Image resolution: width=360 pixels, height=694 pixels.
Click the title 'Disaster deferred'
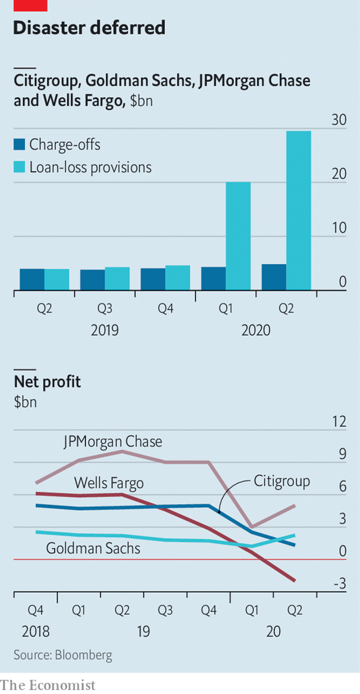click(89, 28)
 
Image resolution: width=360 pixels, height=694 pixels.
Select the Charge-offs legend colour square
click(19, 145)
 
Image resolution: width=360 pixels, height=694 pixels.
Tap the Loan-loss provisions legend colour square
click(19, 166)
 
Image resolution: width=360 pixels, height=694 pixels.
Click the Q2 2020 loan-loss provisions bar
click(298, 211)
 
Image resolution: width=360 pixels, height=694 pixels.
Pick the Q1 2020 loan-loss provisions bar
click(238, 236)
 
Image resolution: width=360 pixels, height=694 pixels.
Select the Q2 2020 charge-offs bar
click(274, 277)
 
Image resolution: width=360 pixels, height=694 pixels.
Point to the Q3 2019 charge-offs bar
click(92, 280)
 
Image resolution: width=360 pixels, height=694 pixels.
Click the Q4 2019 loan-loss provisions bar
click(178, 278)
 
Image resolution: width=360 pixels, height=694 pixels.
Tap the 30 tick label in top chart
click(339, 120)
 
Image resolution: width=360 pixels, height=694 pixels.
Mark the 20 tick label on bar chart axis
click(339, 174)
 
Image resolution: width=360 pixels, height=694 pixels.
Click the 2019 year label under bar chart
click(105, 330)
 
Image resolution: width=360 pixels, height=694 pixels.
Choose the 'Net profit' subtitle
click(47, 382)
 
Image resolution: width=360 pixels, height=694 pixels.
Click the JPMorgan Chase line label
click(112, 441)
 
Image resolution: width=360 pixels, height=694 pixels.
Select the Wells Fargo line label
click(109, 483)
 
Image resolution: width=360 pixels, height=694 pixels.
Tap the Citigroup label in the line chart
click(282, 481)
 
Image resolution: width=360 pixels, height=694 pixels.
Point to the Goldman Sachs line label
click(93, 548)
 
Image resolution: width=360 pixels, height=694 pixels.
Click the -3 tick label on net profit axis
click(340, 583)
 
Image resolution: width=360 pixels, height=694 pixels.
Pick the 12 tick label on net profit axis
click(339, 422)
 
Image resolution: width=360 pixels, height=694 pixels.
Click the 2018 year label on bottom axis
click(35, 632)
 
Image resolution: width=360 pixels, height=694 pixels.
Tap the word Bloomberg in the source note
click(83, 655)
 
